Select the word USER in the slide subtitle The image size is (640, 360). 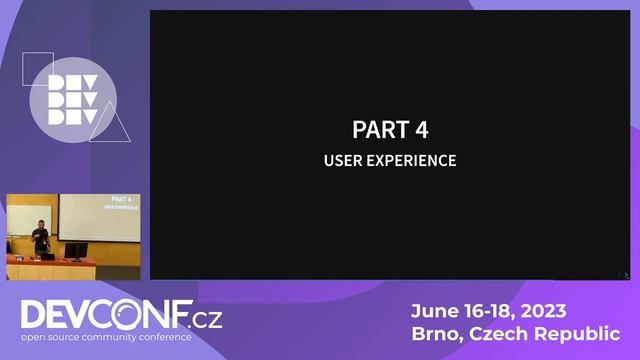pos(340,160)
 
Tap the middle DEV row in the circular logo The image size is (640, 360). pos(72,100)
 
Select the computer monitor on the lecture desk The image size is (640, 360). pos(76,250)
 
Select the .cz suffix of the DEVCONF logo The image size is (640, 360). pos(207,320)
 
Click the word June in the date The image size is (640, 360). pos(434,311)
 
